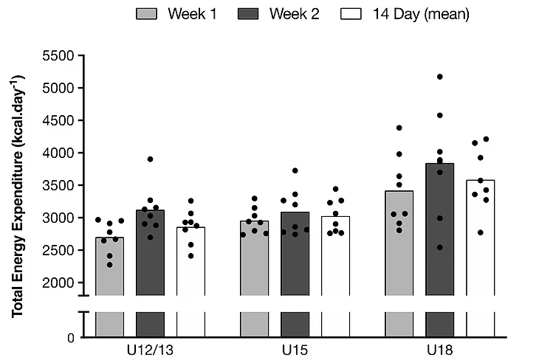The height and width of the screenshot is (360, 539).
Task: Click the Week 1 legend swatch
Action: tap(149, 14)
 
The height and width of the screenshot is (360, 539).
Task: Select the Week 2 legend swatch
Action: tap(253, 14)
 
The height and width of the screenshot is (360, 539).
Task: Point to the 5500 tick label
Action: tap(59, 55)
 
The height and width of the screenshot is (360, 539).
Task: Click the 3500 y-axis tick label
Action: tap(59, 185)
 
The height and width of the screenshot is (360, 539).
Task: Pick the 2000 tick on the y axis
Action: tap(59, 283)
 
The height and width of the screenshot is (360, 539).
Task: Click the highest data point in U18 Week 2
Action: tap(439, 76)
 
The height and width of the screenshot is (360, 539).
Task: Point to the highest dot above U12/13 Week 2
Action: tap(151, 159)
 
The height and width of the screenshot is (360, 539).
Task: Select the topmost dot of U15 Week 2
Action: tap(295, 170)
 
